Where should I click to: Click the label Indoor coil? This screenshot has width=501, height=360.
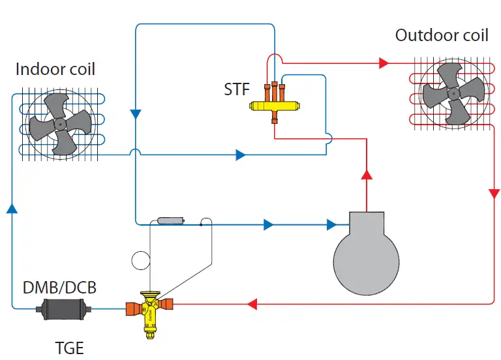pyautogui.click(x=55, y=69)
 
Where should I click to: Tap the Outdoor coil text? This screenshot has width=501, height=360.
pyautogui.click(x=442, y=35)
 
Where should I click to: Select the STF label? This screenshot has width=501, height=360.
pyautogui.click(x=237, y=89)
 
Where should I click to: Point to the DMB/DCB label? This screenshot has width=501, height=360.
pyautogui.click(x=59, y=288)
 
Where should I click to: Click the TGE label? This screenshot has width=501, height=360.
pyautogui.click(x=69, y=348)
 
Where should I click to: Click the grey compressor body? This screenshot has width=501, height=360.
pyautogui.click(x=366, y=259)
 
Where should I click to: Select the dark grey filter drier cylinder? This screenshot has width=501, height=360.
pyautogui.click(x=63, y=309)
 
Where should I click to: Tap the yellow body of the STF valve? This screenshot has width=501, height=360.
pyautogui.click(x=275, y=106)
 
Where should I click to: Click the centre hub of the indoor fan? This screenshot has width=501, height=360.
pyautogui.click(x=60, y=124)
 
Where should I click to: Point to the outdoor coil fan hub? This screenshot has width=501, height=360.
pyautogui.click(x=453, y=94)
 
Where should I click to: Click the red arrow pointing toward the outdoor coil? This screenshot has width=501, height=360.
pyautogui.click(x=384, y=63)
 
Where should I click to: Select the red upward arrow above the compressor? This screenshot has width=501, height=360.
pyautogui.click(x=367, y=174)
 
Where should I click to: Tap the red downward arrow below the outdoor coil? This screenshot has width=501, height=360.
pyautogui.click(x=494, y=194)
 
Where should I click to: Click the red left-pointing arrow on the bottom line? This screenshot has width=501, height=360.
pyautogui.click(x=252, y=304)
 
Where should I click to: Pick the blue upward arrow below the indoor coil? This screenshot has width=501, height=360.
pyautogui.click(x=12, y=208)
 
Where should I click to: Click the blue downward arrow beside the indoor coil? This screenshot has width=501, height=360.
pyautogui.click(x=136, y=114)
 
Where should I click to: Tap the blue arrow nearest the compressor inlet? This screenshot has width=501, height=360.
pyautogui.click(x=331, y=224)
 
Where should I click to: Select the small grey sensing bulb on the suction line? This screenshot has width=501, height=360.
pyautogui.click(x=171, y=220)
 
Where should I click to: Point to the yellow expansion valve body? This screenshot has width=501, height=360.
pyautogui.click(x=150, y=312)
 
